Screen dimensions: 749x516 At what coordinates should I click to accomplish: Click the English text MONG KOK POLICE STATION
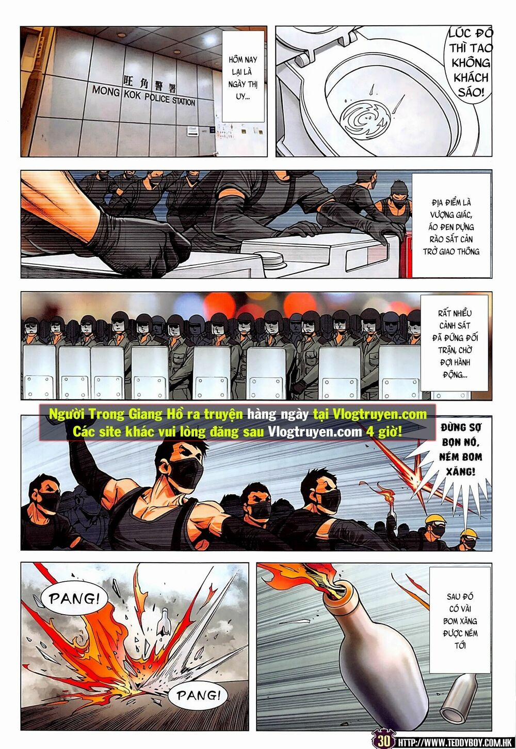pyautogui.click(x=143, y=96)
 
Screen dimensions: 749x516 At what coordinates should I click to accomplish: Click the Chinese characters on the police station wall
pyautogui.click(x=150, y=83)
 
